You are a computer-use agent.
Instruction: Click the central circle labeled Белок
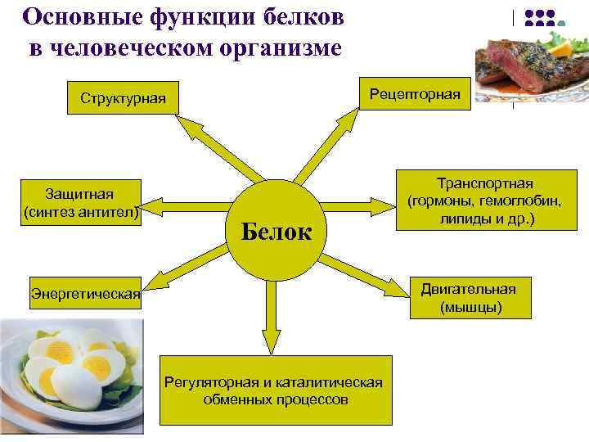click(x=277, y=230)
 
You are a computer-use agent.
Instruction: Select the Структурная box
click(x=123, y=99)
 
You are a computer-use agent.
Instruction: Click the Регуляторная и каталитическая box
click(x=275, y=390)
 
